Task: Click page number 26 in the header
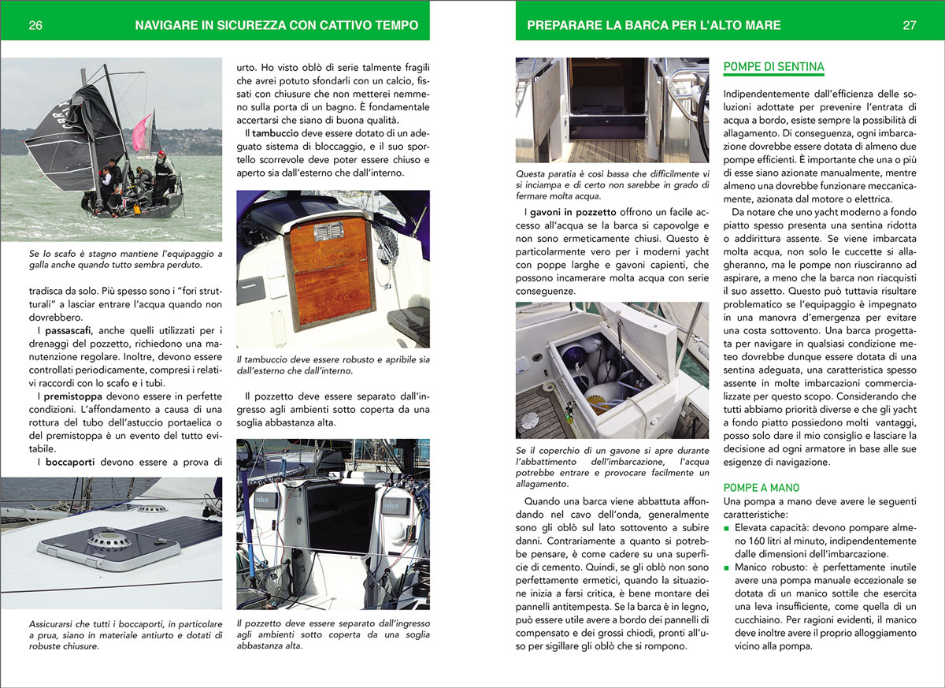tap(35, 25)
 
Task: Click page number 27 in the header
tap(910, 25)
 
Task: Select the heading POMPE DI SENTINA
tap(773, 67)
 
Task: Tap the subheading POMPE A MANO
tap(762, 488)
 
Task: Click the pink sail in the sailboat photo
tap(142, 132)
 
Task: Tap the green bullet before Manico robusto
tap(727, 567)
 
